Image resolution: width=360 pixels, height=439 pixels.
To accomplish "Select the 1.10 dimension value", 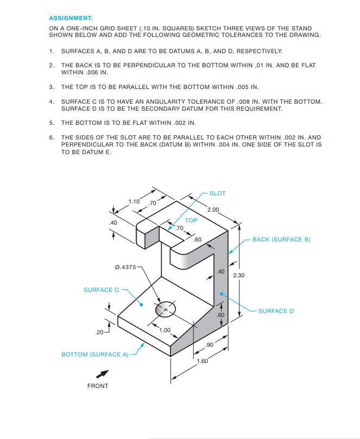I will [x=134, y=201].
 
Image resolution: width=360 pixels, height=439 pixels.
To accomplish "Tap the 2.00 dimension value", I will [x=213, y=209].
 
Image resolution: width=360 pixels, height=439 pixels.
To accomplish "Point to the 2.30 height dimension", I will [x=238, y=275].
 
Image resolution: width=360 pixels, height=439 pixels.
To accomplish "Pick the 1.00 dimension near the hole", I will [x=165, y=330].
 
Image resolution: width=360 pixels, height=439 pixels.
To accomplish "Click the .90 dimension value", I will [x=209, y=345].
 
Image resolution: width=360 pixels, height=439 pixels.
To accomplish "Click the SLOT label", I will [x=217, y=193].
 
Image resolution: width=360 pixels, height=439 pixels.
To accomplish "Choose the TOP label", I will [x=191, y=220].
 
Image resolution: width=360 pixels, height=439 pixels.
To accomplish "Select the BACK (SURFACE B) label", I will [x=281, y=239].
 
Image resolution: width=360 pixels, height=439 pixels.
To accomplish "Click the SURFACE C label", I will [x=101, y=290].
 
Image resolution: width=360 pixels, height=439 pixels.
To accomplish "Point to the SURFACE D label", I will [x=276, y=311].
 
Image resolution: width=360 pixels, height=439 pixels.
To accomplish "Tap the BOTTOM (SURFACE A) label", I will [x=94, y=354].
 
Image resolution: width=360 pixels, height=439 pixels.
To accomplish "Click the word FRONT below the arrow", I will [x=98, y=386].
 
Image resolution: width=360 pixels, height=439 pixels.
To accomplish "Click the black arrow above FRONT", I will [x=102, y=374].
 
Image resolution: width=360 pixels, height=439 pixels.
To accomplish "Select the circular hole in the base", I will [x=166, y=309].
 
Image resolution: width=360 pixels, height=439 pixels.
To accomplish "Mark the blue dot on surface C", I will [x=141, y=304].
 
